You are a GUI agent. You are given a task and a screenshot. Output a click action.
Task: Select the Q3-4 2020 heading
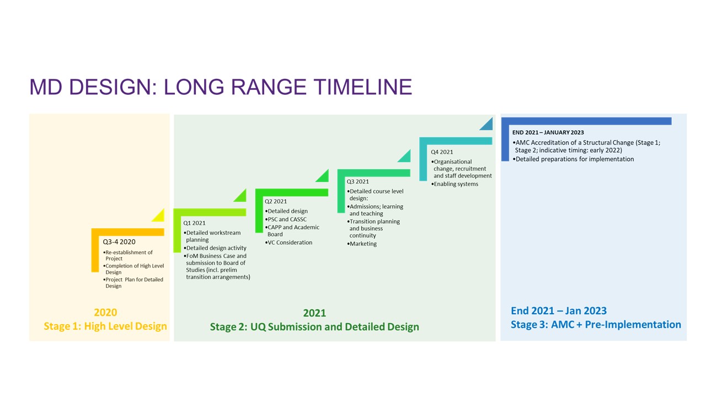coord(119,242)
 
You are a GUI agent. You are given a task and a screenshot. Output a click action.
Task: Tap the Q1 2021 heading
coord(194,223)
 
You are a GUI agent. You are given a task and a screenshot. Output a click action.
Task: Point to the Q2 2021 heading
coord(276,201)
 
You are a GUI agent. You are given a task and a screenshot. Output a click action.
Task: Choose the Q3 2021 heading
coord(358,181)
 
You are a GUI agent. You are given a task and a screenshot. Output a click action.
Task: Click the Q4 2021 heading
coord(442,152)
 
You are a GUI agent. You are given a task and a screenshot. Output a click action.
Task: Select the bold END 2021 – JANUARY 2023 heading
coord(548,133)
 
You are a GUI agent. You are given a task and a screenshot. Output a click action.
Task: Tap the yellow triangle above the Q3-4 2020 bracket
coord(158,215)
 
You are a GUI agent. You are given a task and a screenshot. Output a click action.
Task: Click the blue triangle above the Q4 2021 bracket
coord(486,124)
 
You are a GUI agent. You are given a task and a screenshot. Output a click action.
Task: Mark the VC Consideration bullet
coord(288,243)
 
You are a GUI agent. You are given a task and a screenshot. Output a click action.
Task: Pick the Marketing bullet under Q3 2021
coord(362,244)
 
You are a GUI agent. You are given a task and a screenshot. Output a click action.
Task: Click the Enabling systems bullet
coord(454,184)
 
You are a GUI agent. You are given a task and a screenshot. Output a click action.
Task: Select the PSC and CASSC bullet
coord(286,219)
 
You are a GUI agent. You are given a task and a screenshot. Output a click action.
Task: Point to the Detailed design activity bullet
coord(215,248)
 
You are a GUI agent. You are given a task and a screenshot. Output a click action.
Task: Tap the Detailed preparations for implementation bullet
coord(573,159)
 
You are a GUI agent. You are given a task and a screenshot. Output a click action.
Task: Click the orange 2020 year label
coord(105,313)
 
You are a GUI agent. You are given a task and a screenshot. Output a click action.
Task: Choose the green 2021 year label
coord(314,313)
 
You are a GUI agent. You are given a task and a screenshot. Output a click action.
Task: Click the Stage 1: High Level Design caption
coord(105,326)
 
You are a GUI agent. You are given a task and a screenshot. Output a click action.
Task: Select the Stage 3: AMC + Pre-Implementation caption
coord(596,325)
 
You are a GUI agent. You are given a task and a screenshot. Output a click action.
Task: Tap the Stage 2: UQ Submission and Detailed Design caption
coord(314,327)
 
